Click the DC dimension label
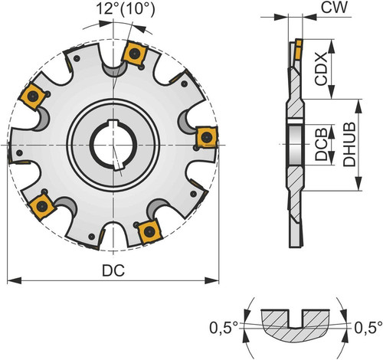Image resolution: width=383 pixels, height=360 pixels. click(x=113, y=270)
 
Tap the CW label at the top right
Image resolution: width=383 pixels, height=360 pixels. click(x=334, y=8)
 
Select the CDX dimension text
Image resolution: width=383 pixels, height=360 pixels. click(x=320, y=69)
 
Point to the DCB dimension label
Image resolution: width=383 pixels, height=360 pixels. click(x=321, y=144)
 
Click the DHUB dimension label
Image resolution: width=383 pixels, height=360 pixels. click(x=349, y=145)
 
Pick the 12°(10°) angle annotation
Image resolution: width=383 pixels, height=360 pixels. click(x=126, y=9)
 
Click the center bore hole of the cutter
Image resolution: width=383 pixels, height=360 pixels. click(x=113, y=145)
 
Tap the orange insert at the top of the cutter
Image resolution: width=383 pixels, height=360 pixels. click(x=134, y=54)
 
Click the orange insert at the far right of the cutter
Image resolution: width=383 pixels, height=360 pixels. click(x=207, y=137)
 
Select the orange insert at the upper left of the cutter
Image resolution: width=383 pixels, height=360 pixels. click(x=32, y=96)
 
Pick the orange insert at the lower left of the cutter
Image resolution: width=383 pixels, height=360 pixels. click(x=42, y=206)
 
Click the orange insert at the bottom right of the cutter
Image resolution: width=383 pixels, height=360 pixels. click(x=149, y=231)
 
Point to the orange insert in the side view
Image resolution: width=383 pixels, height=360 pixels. click(x=298, y=49)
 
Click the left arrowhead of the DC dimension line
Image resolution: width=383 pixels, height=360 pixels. click(x=14, y=280)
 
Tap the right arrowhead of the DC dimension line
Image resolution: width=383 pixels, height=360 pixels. click(x=212, y=280)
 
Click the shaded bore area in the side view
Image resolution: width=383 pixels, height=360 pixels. click(x=296, y=145)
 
